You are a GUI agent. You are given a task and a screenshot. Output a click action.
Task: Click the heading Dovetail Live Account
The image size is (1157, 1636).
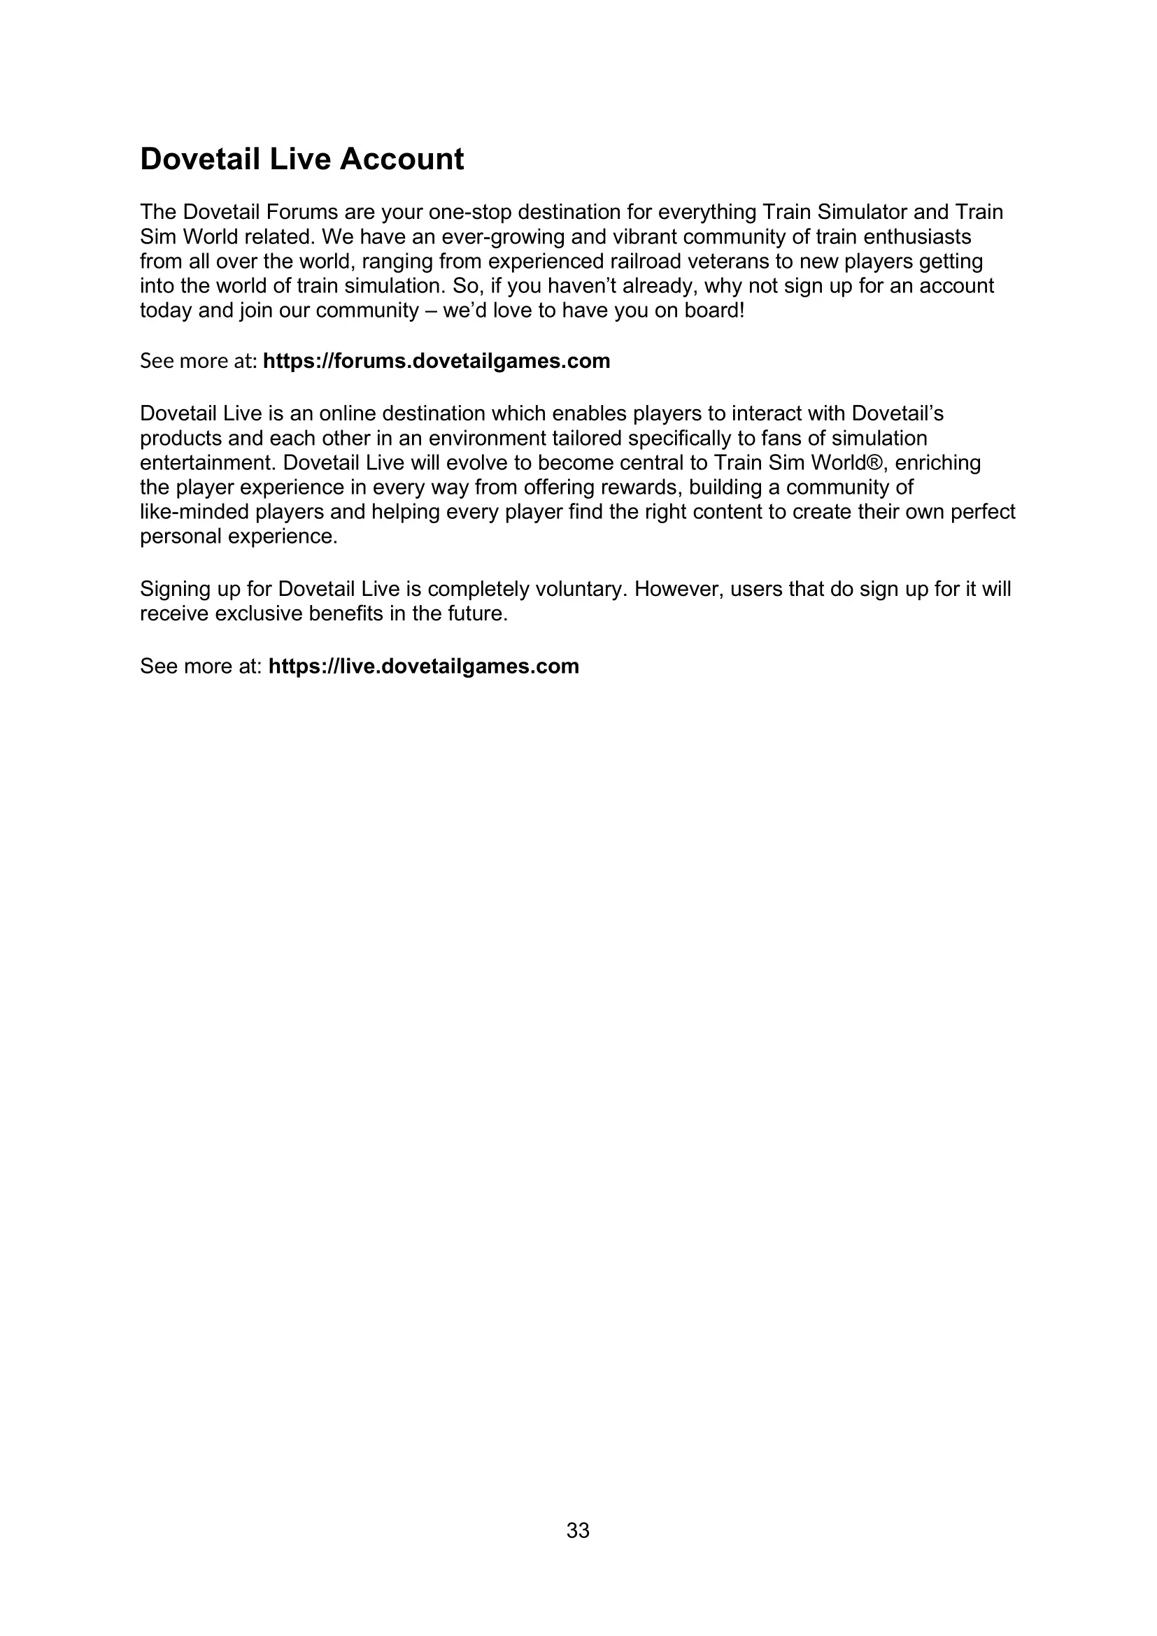pos(301,159)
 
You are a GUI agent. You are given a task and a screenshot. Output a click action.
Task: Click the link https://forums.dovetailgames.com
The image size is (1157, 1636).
pos(436,361)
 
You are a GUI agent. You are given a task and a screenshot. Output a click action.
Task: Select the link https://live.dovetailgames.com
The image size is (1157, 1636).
pos(423,667)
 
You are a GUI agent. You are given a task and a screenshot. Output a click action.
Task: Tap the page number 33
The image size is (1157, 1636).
pos(578,1530)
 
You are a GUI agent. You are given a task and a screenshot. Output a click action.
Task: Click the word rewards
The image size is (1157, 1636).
pos(638,488)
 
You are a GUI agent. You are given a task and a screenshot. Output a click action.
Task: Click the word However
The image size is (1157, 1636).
pos(679,589)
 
